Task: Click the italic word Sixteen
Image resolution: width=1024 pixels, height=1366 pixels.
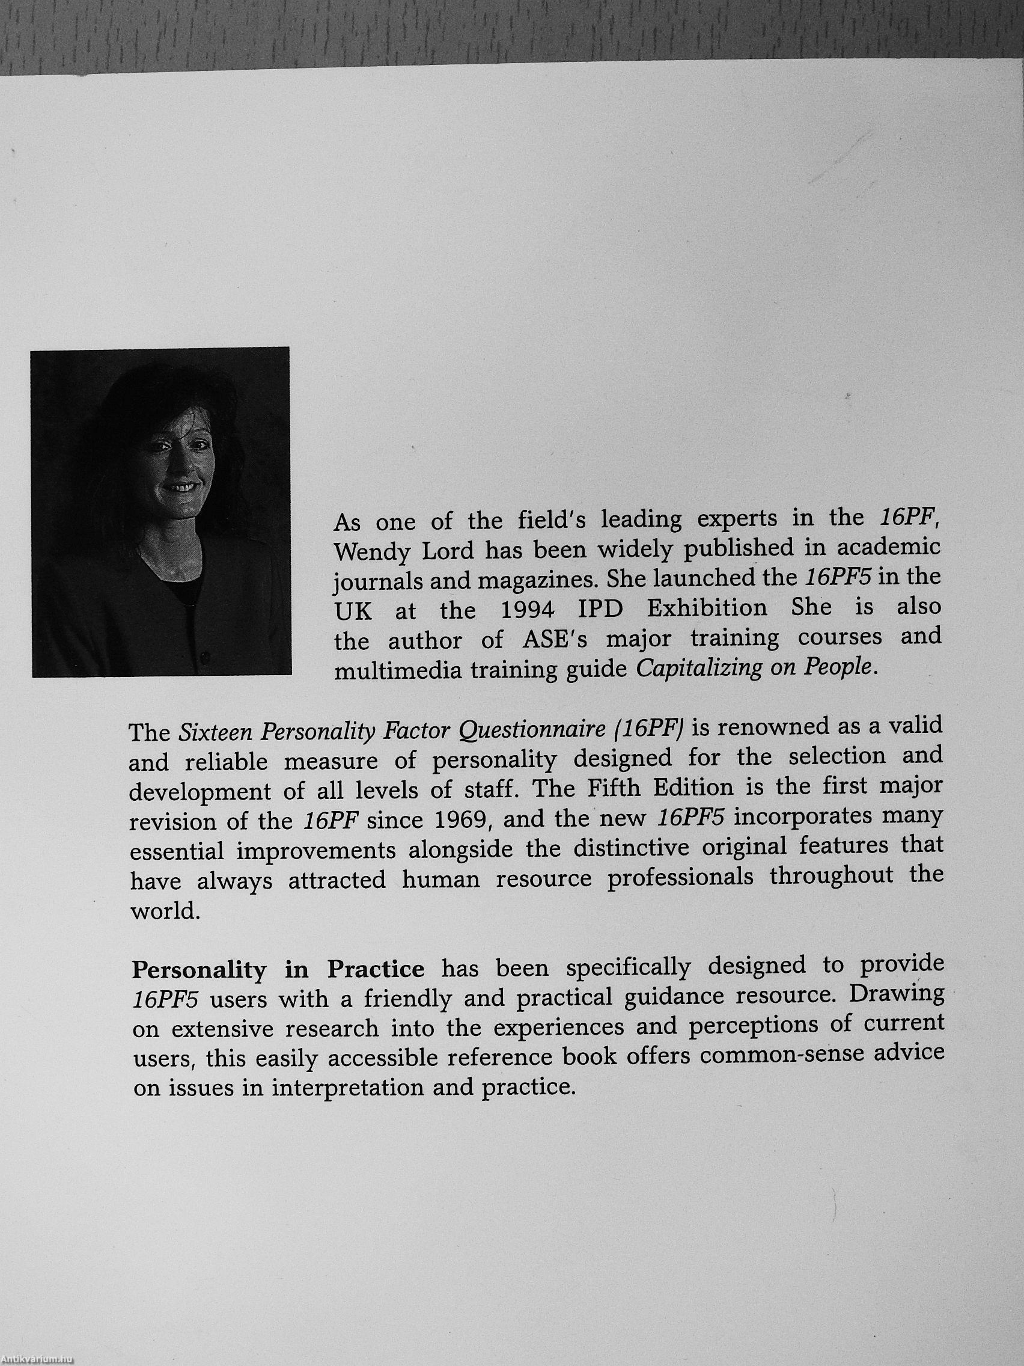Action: pos(215,732)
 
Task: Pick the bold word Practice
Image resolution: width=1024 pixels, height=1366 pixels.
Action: pos(375,969)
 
